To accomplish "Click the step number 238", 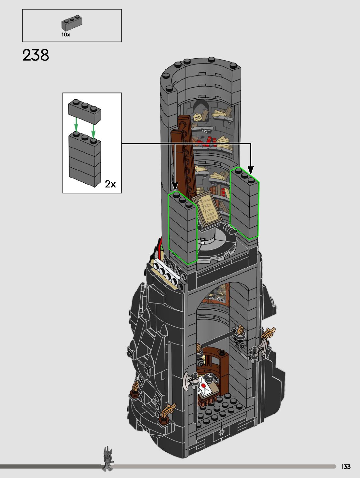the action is (x=36, y=55).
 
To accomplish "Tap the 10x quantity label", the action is (x=65, y=35).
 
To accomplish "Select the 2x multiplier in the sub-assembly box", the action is (x=110, y=184).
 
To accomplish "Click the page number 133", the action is (x=346, y=466).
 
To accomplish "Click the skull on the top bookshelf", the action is (x=198, y=118).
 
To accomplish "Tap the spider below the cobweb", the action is (x=202, y=137).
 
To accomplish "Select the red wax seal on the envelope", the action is (x=203, y=386).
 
